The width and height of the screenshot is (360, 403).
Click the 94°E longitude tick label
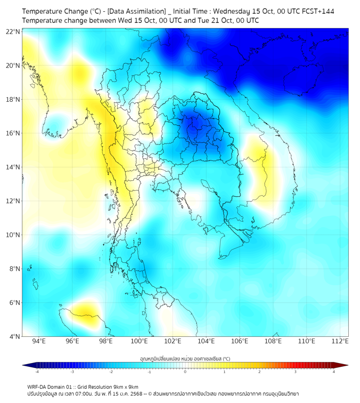pos(39,341)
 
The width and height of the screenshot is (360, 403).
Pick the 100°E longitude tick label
pos(140,341)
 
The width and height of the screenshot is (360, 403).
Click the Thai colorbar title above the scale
pos(185,359)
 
